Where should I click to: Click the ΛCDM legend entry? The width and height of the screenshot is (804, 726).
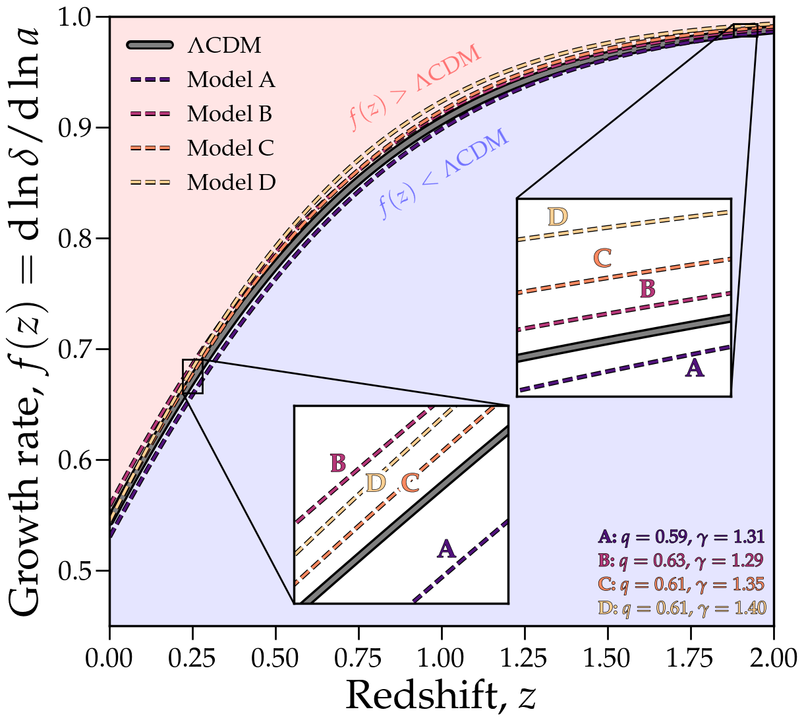[224, 45]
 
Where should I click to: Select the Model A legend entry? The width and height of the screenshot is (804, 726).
[231, 80]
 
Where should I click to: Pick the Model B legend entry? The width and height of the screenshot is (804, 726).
[229, 114]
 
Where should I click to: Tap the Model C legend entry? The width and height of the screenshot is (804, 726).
[230, 148]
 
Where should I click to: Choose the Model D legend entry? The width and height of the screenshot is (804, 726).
[231, 183]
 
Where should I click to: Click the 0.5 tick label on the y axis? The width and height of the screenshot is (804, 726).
[76, 570]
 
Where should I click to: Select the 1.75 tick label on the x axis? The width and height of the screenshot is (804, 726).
[691, 657]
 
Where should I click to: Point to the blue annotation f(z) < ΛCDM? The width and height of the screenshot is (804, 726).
[444, 173]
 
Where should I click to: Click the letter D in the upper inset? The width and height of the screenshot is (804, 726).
[558, 216]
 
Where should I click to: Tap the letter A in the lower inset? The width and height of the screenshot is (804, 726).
[447, 548]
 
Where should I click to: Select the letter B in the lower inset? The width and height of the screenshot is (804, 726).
[337, 463]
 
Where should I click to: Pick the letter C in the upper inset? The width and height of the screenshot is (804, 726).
[602, 257]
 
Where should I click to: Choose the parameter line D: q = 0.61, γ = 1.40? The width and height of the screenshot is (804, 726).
[681, 607]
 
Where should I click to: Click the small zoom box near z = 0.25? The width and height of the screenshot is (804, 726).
[192, 377]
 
